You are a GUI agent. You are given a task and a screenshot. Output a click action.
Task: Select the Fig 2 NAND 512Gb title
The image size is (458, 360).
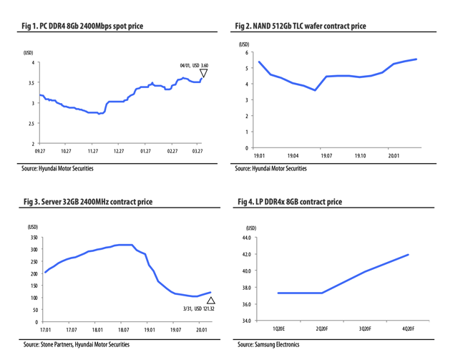pyautogui.click(x=300, y=26)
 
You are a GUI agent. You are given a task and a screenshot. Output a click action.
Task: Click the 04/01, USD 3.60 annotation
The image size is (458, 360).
pyautogui.click(x=194, y=65)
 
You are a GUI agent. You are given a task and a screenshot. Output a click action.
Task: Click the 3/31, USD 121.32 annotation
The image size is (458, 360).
pyautogui.click(x=193, y=309)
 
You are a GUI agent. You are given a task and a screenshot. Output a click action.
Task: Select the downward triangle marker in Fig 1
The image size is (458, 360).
pyautogui.click(x=203, y=74)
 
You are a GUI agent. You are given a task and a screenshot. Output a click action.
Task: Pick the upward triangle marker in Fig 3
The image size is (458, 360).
pyautogui.click(x=210, y=301)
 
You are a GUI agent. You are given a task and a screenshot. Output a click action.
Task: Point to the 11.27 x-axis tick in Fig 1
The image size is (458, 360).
pyautogui.click(x=92, y=152)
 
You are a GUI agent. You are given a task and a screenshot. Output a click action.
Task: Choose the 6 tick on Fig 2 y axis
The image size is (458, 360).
pyautogui.click(x=246, y=53)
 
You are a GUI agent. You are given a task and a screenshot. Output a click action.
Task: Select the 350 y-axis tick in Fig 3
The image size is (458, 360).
pyautogui.click(x=33, y=237)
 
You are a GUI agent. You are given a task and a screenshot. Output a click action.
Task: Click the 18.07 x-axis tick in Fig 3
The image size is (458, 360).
pyautogui.click(x=123, y=330)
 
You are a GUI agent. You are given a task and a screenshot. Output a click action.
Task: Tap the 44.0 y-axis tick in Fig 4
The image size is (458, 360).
pyautogui.click(x=245, y=238)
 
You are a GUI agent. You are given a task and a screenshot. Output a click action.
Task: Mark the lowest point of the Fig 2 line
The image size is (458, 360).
pyautogui.click(x=315, y=90)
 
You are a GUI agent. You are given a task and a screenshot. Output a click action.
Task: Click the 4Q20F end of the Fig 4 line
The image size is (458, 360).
pyautogui.click(x=408, y=255)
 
